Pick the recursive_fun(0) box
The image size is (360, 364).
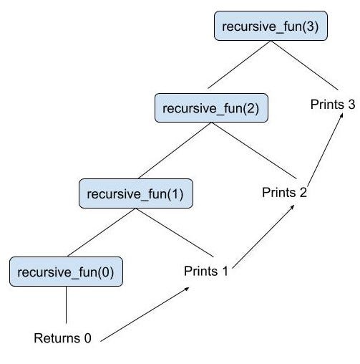pos(65,272)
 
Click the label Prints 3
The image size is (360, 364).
pos(332,105)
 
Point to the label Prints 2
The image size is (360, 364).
pos(284,192)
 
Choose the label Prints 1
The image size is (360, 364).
pos(206,272)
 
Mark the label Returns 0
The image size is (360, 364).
pos(63,337)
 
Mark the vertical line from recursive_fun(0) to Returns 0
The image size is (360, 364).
pos(66,306)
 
